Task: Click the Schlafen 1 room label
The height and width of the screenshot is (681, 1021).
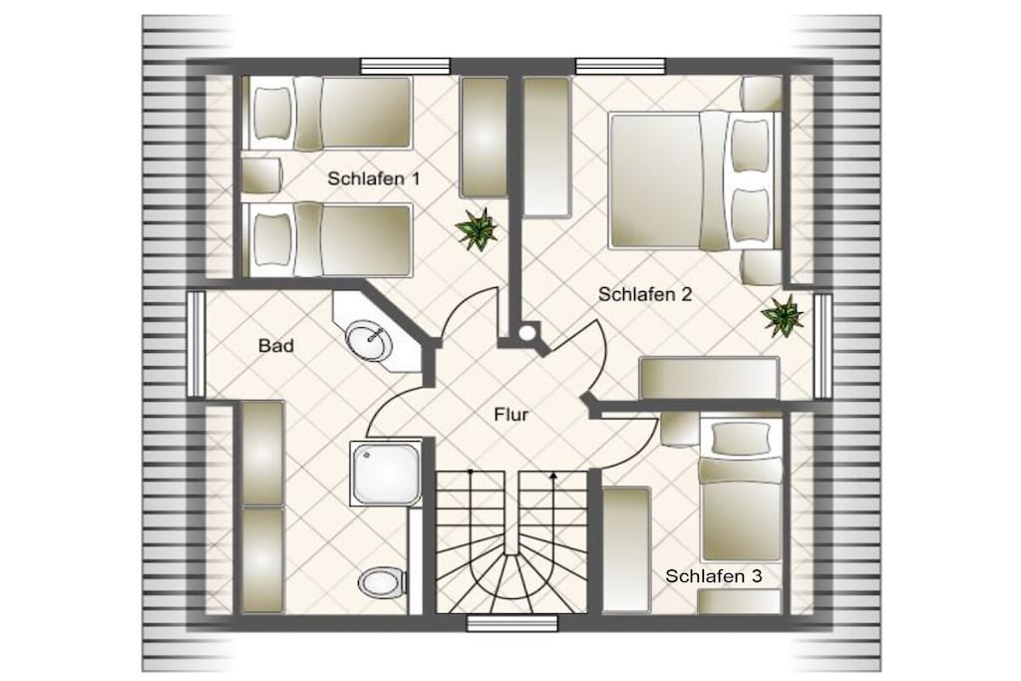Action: [x=374, y=178]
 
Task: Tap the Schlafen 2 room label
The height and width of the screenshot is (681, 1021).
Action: [x=645, y=294]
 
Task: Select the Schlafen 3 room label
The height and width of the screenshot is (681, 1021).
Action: [x=714, y=576]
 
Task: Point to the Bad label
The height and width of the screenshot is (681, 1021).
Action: [x=276, y=345]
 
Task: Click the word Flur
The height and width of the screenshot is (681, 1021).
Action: [x=511, y=415]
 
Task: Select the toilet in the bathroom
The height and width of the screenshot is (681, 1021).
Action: [x=382, y=581]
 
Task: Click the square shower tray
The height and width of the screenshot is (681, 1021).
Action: [x=386, y=473]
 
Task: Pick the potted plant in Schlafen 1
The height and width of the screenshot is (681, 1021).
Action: [x=477, y=229]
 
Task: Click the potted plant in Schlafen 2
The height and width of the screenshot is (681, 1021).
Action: [x=782, y=316]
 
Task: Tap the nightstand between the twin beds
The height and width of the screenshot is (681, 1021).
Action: [x=262, y=175]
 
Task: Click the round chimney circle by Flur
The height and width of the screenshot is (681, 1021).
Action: [x=526, y=333]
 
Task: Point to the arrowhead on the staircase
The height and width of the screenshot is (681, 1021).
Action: [x=552, y=476]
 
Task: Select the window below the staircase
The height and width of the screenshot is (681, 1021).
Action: [x=512, y=624]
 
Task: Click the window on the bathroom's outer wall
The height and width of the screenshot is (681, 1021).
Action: [x=196, y=344]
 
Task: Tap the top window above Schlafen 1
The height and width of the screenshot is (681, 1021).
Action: [x=406, y=66]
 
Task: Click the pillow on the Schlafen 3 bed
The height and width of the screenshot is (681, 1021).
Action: [x=739, y=440]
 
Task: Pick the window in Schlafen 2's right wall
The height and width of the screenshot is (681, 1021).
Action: [x=823, y=346]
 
